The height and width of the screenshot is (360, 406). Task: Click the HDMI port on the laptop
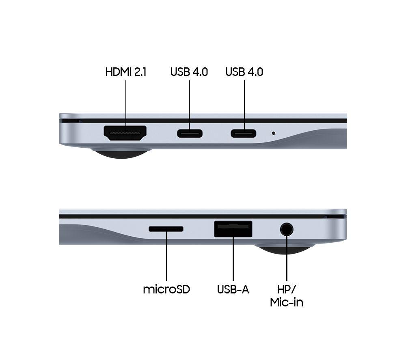tap(125, 133)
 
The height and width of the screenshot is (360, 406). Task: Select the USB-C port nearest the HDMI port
tap(190, 134)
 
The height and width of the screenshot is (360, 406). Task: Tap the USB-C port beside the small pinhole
tap(244, 134)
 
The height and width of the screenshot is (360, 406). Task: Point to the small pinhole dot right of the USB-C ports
tap(273, 133)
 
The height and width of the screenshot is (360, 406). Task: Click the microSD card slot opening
tap(166, 229)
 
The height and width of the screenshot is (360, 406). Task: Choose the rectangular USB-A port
tap(233, 229)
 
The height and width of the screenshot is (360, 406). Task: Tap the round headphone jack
tap(287, 229)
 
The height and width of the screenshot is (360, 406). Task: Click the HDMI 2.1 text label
tap(126, 72)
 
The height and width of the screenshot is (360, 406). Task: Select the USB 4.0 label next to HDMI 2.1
tap(189, 72)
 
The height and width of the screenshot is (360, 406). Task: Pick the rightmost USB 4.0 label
tap(244, 72)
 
